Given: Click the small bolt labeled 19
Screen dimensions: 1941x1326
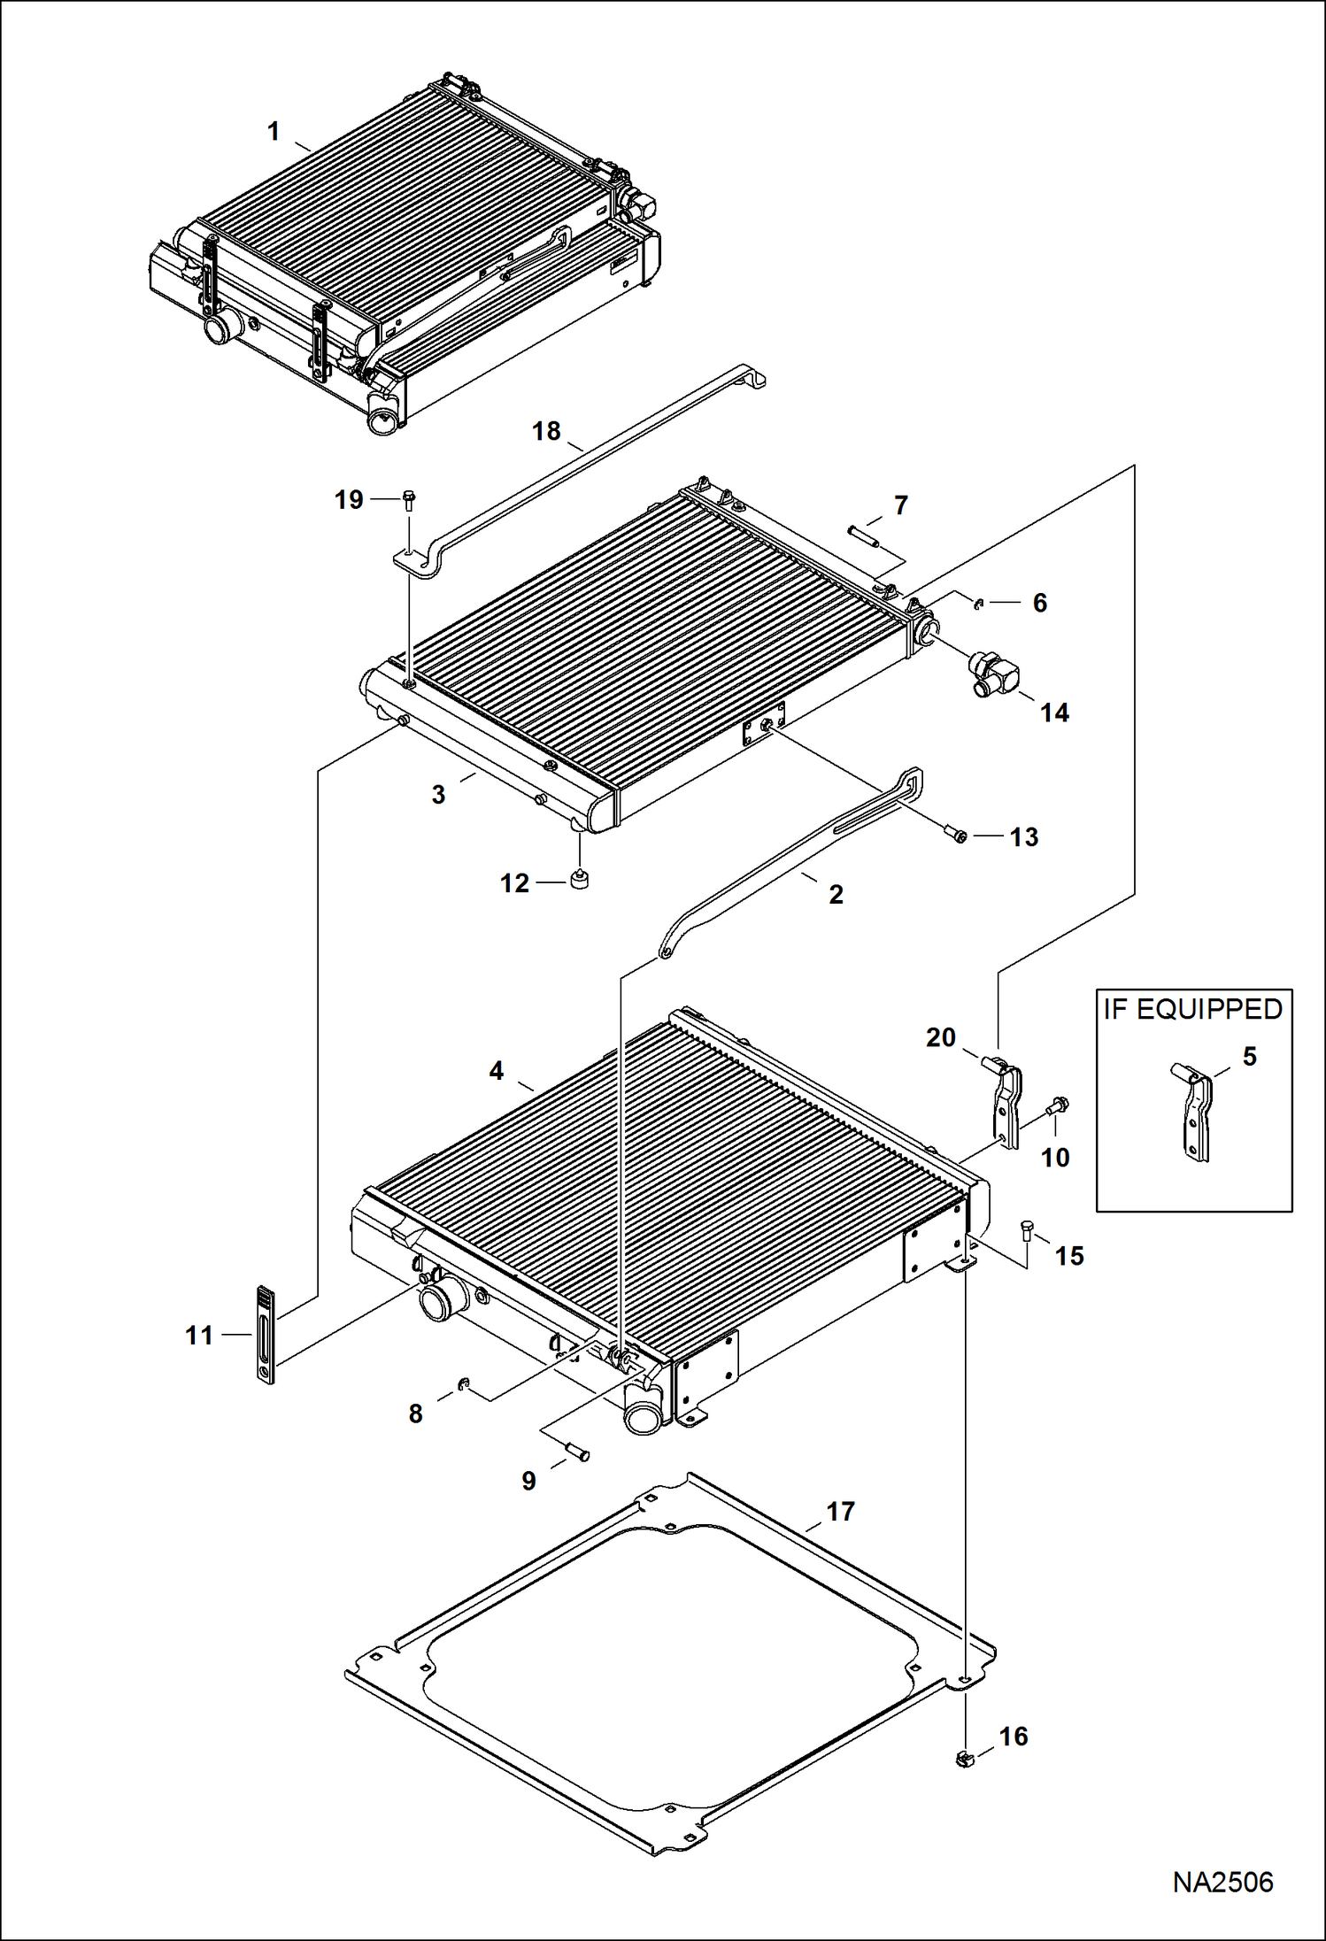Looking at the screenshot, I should click(409, 500).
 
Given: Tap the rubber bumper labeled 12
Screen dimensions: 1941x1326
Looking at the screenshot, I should click(580, 881).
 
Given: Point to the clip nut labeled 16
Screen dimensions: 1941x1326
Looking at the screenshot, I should click(965, 1759).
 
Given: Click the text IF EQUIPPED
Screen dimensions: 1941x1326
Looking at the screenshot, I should click(1192, 1009).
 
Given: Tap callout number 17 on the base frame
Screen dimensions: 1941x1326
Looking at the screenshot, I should click(840, 1511).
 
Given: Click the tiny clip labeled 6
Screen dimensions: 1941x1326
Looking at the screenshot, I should click(978, 604).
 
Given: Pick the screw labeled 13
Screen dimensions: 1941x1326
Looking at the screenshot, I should click(956, 833).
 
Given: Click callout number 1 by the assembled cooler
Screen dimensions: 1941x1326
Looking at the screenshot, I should click(274, 132).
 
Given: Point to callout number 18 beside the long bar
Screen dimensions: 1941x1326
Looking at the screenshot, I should click(546, 431).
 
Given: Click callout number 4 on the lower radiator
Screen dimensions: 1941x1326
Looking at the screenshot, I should click(496, 1071).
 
